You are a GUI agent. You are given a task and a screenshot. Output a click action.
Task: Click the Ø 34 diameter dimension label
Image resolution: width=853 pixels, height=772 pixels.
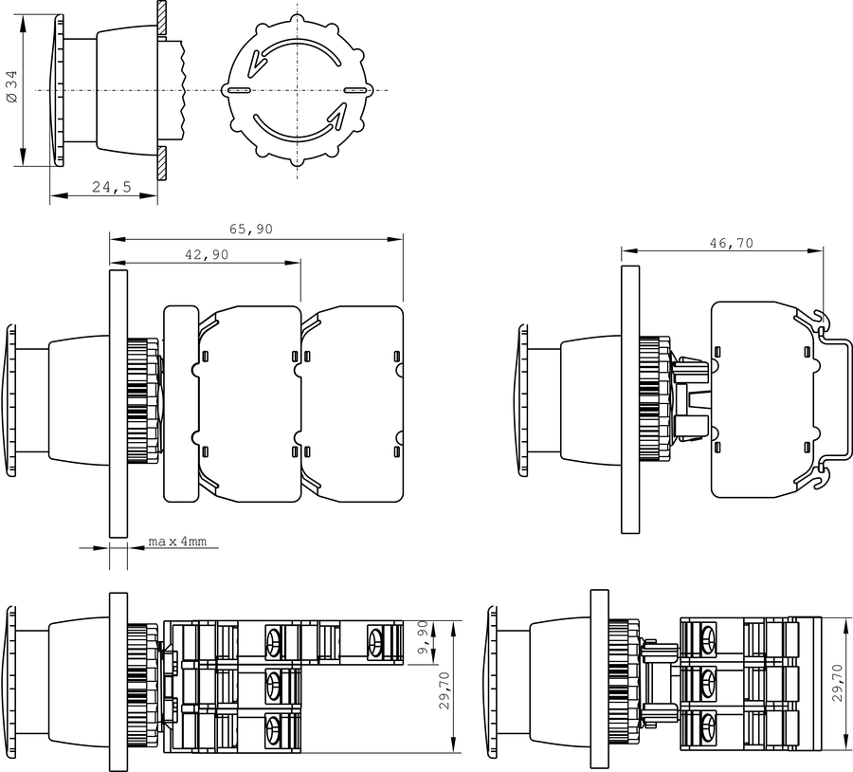click(12, 86)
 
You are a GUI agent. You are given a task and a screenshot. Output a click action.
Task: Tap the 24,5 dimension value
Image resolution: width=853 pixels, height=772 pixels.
click(112, 187)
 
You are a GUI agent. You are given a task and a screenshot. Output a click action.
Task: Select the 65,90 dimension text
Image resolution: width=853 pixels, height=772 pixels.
click(251, 230)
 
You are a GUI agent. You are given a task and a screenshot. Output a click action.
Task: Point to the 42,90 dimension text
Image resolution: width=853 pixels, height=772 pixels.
click(207, 254)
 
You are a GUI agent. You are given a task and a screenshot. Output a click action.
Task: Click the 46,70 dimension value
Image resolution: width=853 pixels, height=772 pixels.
click(732, 243)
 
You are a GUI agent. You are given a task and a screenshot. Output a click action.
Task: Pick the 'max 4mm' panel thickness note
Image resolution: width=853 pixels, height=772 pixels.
click(177, 542)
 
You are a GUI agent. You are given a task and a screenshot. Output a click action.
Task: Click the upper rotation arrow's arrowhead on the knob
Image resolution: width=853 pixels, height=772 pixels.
click(255, 64)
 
